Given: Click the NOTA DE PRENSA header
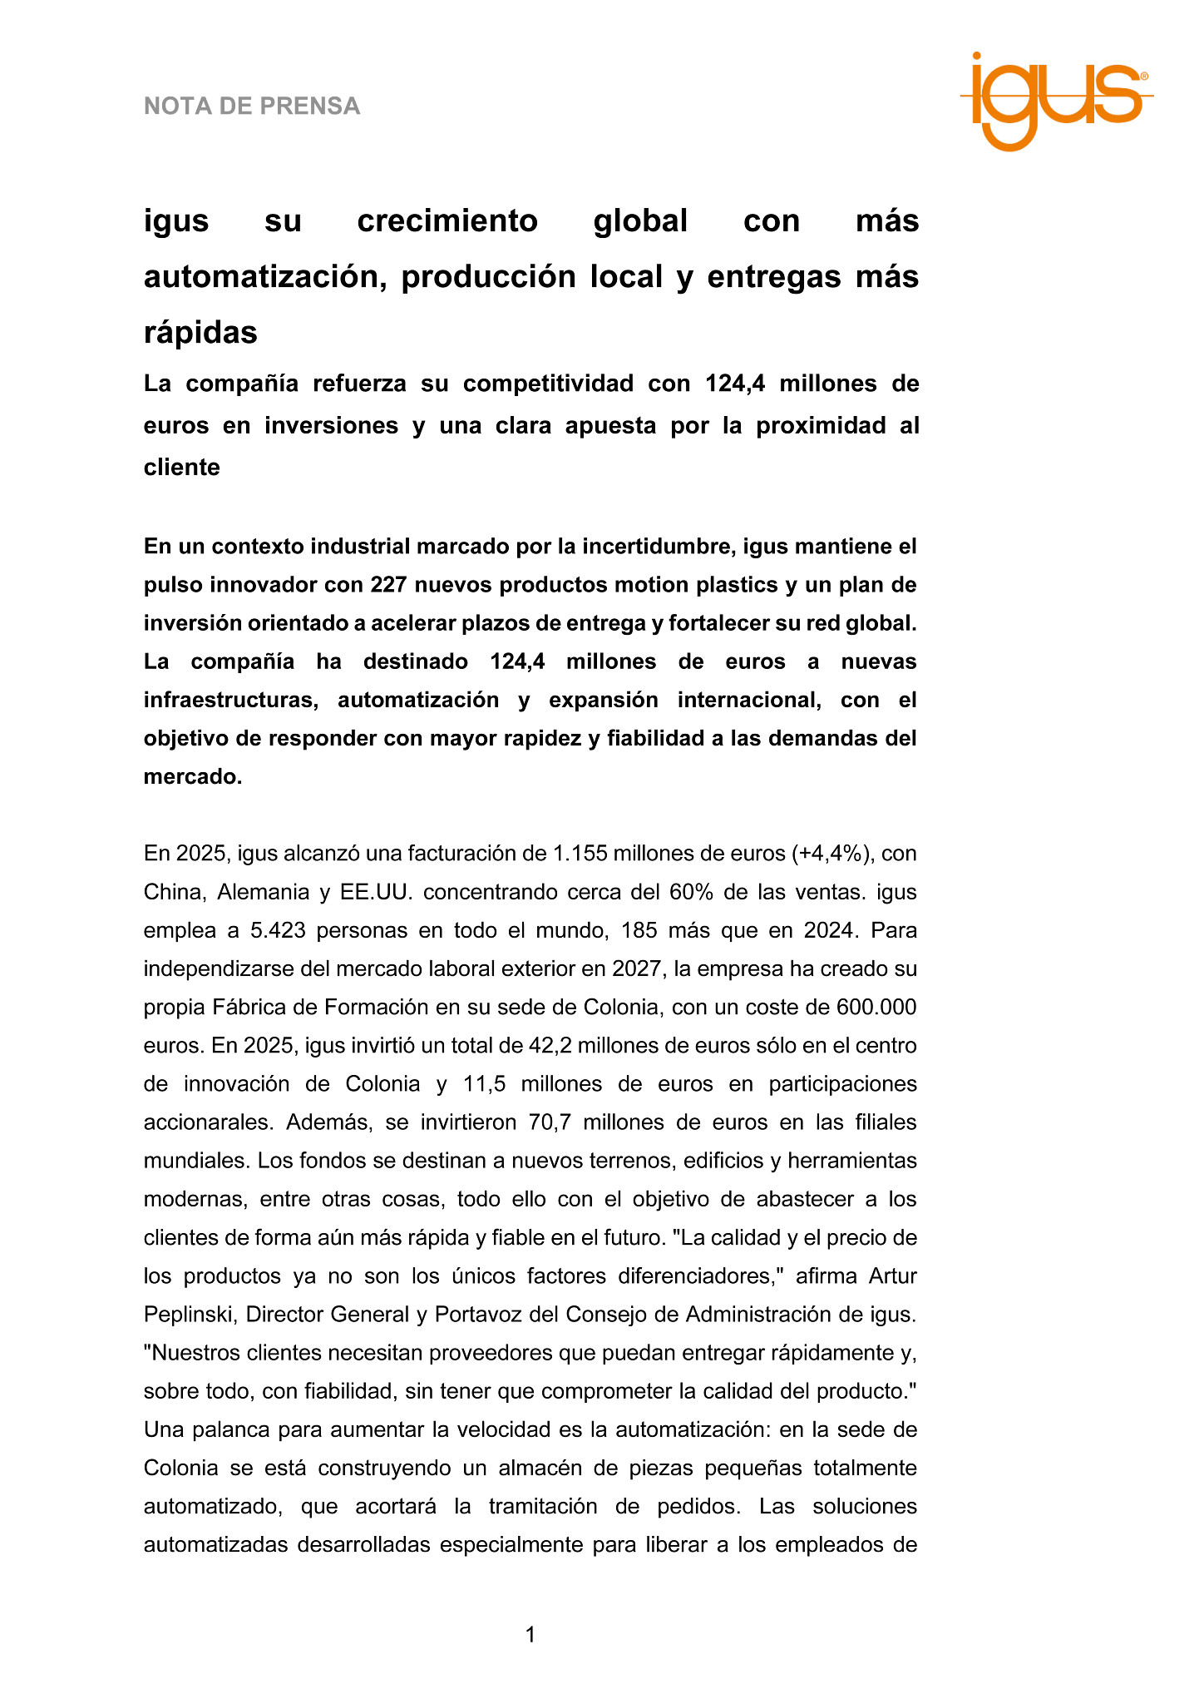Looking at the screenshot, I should click(252, 106).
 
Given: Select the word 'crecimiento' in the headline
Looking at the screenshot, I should click(447, 221).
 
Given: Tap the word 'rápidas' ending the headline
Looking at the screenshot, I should click(200, 333).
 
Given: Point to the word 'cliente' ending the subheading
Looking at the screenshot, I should click(182, 468).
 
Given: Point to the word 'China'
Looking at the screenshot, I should click(174, 892).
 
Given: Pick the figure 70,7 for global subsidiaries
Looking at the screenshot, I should click(549, 1122).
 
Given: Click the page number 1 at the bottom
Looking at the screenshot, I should click(530, 1635).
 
